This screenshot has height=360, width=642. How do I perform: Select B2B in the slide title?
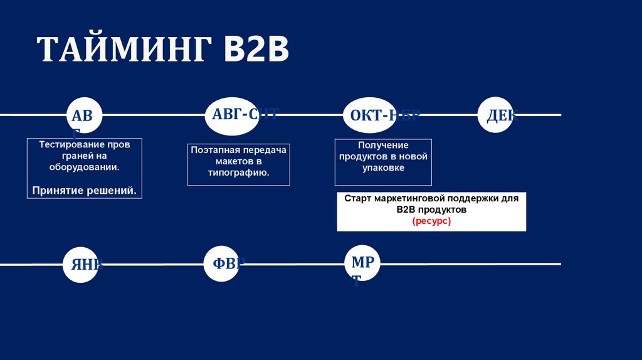pos(257,50)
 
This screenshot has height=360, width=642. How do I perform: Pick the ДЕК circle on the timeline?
pos(496,115)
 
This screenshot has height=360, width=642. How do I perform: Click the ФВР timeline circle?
pos(223,263)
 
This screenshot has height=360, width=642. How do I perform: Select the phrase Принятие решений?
pos(85,189)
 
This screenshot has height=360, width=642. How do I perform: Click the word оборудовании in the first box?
pos(84,167)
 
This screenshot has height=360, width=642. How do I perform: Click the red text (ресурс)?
pos(431,221)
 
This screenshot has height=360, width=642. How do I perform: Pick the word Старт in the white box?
pos(357,198)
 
